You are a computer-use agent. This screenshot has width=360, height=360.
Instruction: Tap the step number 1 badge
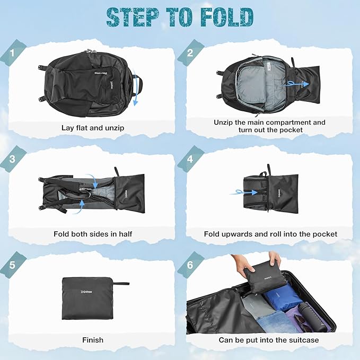(12, 53)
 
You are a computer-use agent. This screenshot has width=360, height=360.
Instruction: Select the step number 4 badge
(190, 159)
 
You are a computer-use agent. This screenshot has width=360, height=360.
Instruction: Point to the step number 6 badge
(190, 265)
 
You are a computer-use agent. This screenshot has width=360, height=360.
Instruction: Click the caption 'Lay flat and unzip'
(93, 128)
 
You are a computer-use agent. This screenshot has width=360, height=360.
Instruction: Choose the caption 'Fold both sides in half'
(93, 234)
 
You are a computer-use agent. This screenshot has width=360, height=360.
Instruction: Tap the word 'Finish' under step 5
(93, 340)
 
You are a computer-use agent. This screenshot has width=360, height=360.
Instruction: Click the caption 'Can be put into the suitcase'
(269, 340)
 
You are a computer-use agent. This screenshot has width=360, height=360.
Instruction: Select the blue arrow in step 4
(244, 192)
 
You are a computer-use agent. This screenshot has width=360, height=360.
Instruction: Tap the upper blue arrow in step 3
(93, 180)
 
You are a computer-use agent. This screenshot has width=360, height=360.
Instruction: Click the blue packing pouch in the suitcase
(283, 296)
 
